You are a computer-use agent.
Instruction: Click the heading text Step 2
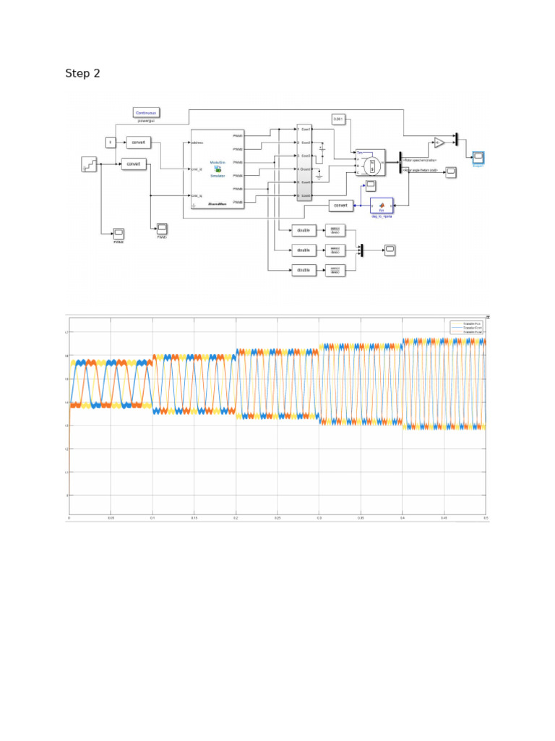click(x=82, y=73)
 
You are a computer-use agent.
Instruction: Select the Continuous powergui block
click(x=146, y=112)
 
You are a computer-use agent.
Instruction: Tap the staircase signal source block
click(x=88, y=164)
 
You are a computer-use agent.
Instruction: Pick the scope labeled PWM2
click(x=119, y=233)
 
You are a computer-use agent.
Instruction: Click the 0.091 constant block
click(x=339, y=118)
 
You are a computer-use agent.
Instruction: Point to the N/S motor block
click(x=370, y=165)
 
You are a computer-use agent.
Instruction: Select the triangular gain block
click(x=439, y=143)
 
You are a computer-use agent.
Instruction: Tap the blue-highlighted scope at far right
click(x=478, y=157)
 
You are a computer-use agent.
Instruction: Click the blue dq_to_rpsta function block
click(x=381, y=206)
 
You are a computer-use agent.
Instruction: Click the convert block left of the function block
click(x=341, y=206)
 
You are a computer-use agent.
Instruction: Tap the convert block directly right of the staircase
click(x=134, y=164)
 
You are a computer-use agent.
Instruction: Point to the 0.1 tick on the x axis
click(x=152, y=518)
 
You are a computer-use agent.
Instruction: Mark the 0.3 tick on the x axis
click(x=319, y=518)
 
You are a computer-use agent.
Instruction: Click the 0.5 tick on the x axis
click(x=486, y=518)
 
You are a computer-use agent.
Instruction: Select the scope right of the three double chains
click(x=390, y=250)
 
